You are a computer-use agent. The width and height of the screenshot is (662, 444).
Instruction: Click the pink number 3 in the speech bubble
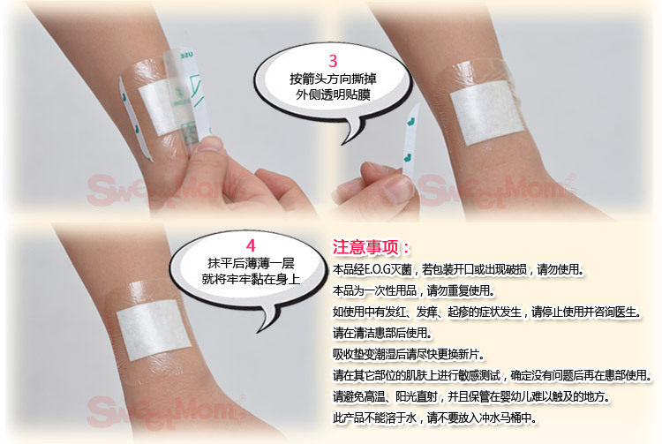333,61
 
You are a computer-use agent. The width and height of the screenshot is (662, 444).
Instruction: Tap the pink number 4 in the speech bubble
251,245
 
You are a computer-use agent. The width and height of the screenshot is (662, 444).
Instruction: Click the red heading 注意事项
365,247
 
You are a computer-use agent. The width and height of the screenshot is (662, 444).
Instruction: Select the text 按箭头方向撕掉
333,79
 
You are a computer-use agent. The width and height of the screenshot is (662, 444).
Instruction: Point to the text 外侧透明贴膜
333,94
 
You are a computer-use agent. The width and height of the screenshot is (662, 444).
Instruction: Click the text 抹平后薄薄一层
251,263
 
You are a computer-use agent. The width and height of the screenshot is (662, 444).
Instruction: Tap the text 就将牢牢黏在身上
251,279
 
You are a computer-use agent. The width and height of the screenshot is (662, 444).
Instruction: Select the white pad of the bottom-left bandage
154,329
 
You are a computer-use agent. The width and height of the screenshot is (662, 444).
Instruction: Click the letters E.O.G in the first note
378,269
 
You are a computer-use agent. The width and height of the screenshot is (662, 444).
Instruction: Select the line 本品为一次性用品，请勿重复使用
414,290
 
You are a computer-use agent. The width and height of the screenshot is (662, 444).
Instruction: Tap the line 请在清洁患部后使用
382,333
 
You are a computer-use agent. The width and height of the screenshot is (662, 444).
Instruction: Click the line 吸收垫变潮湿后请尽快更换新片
409,354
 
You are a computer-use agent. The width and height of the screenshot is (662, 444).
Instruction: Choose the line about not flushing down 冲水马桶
435,418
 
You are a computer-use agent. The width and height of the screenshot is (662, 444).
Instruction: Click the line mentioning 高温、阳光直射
471,396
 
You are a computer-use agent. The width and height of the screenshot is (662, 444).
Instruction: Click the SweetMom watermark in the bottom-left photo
165,410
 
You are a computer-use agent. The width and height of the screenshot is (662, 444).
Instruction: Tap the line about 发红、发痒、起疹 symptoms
487,312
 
